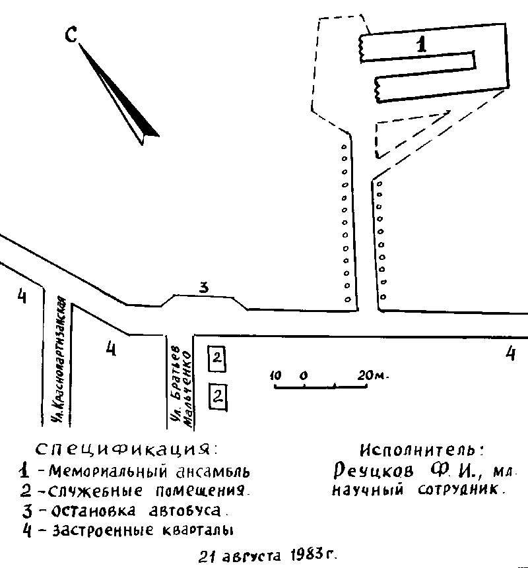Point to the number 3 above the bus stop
coord(204,287)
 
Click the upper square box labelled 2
coord(217,359)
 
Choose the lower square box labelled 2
coord(217,396)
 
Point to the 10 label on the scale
coord(277,375)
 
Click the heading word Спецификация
coord(125,451)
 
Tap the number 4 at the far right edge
coord(510,354)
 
